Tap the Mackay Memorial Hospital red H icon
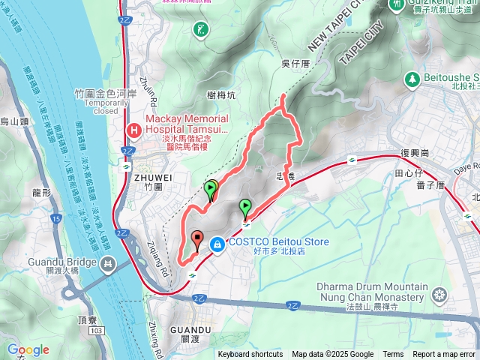tap(133, 130)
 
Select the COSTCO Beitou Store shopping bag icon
tap(217, 244)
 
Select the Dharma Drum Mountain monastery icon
tap(440, 293)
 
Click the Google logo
tap(28, 349)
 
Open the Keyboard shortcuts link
tap(250, 355)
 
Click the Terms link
tap(393, 355)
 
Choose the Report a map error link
tap(444, 355)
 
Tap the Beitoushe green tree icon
tap(411, 78)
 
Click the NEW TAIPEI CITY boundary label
tap(334, 37)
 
